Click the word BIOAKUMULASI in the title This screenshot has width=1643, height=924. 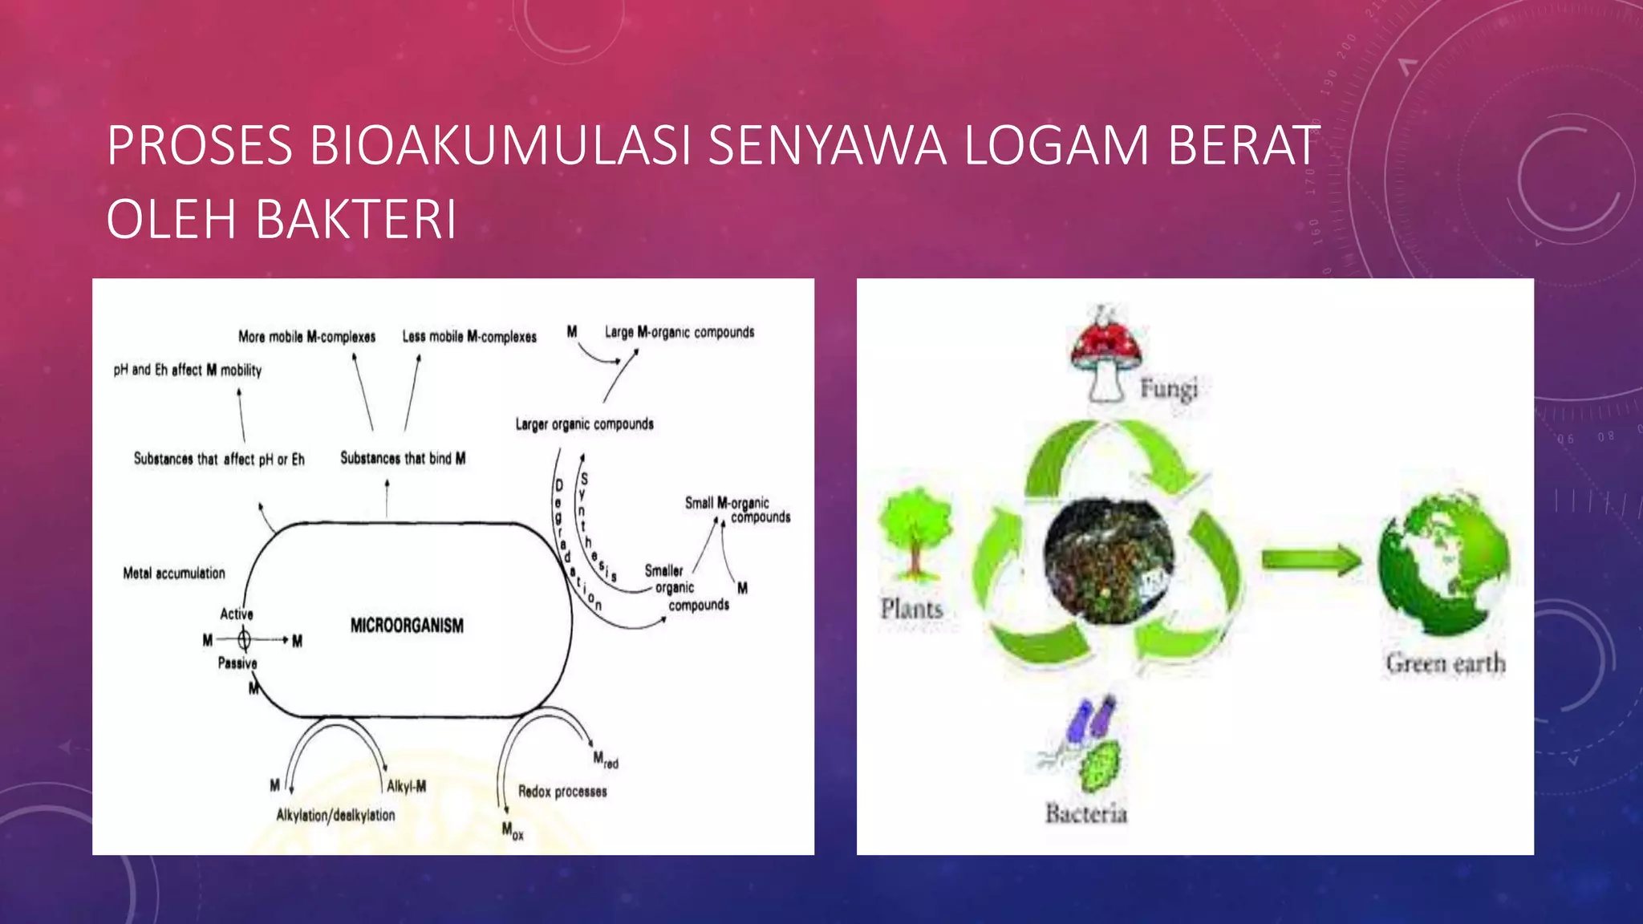click(500, 145)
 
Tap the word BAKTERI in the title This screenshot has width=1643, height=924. click(355, 219)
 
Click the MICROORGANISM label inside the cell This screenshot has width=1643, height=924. click(407, 626)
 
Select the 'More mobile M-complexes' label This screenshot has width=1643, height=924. click(306, 337)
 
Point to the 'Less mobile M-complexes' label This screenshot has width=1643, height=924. click(469, 337)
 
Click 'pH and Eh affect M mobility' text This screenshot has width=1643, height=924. click(187, 370)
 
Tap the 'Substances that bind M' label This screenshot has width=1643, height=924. click(403, 459)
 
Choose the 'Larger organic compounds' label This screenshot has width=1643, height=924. click(584, 424)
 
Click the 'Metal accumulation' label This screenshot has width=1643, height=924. click(174, 573)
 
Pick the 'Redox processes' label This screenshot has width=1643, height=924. click(562, 792)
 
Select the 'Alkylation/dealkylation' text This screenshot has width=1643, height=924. click(335, 816)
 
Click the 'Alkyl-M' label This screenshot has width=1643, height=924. click(407, 787)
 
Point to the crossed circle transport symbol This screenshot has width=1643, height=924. click(244, 639)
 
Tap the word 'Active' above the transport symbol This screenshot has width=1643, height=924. click(237, 614)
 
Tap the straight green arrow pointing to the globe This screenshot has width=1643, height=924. click(1310, 559)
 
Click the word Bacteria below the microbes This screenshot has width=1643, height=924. click(1085, 814)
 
